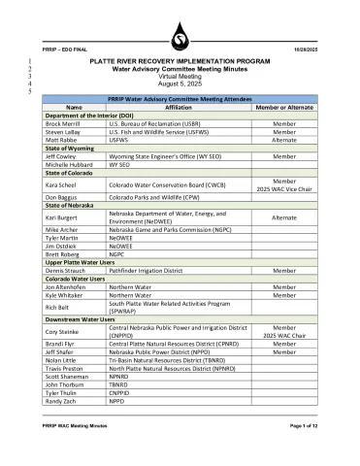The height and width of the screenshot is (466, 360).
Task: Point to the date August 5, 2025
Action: click(x=180, y=85)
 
